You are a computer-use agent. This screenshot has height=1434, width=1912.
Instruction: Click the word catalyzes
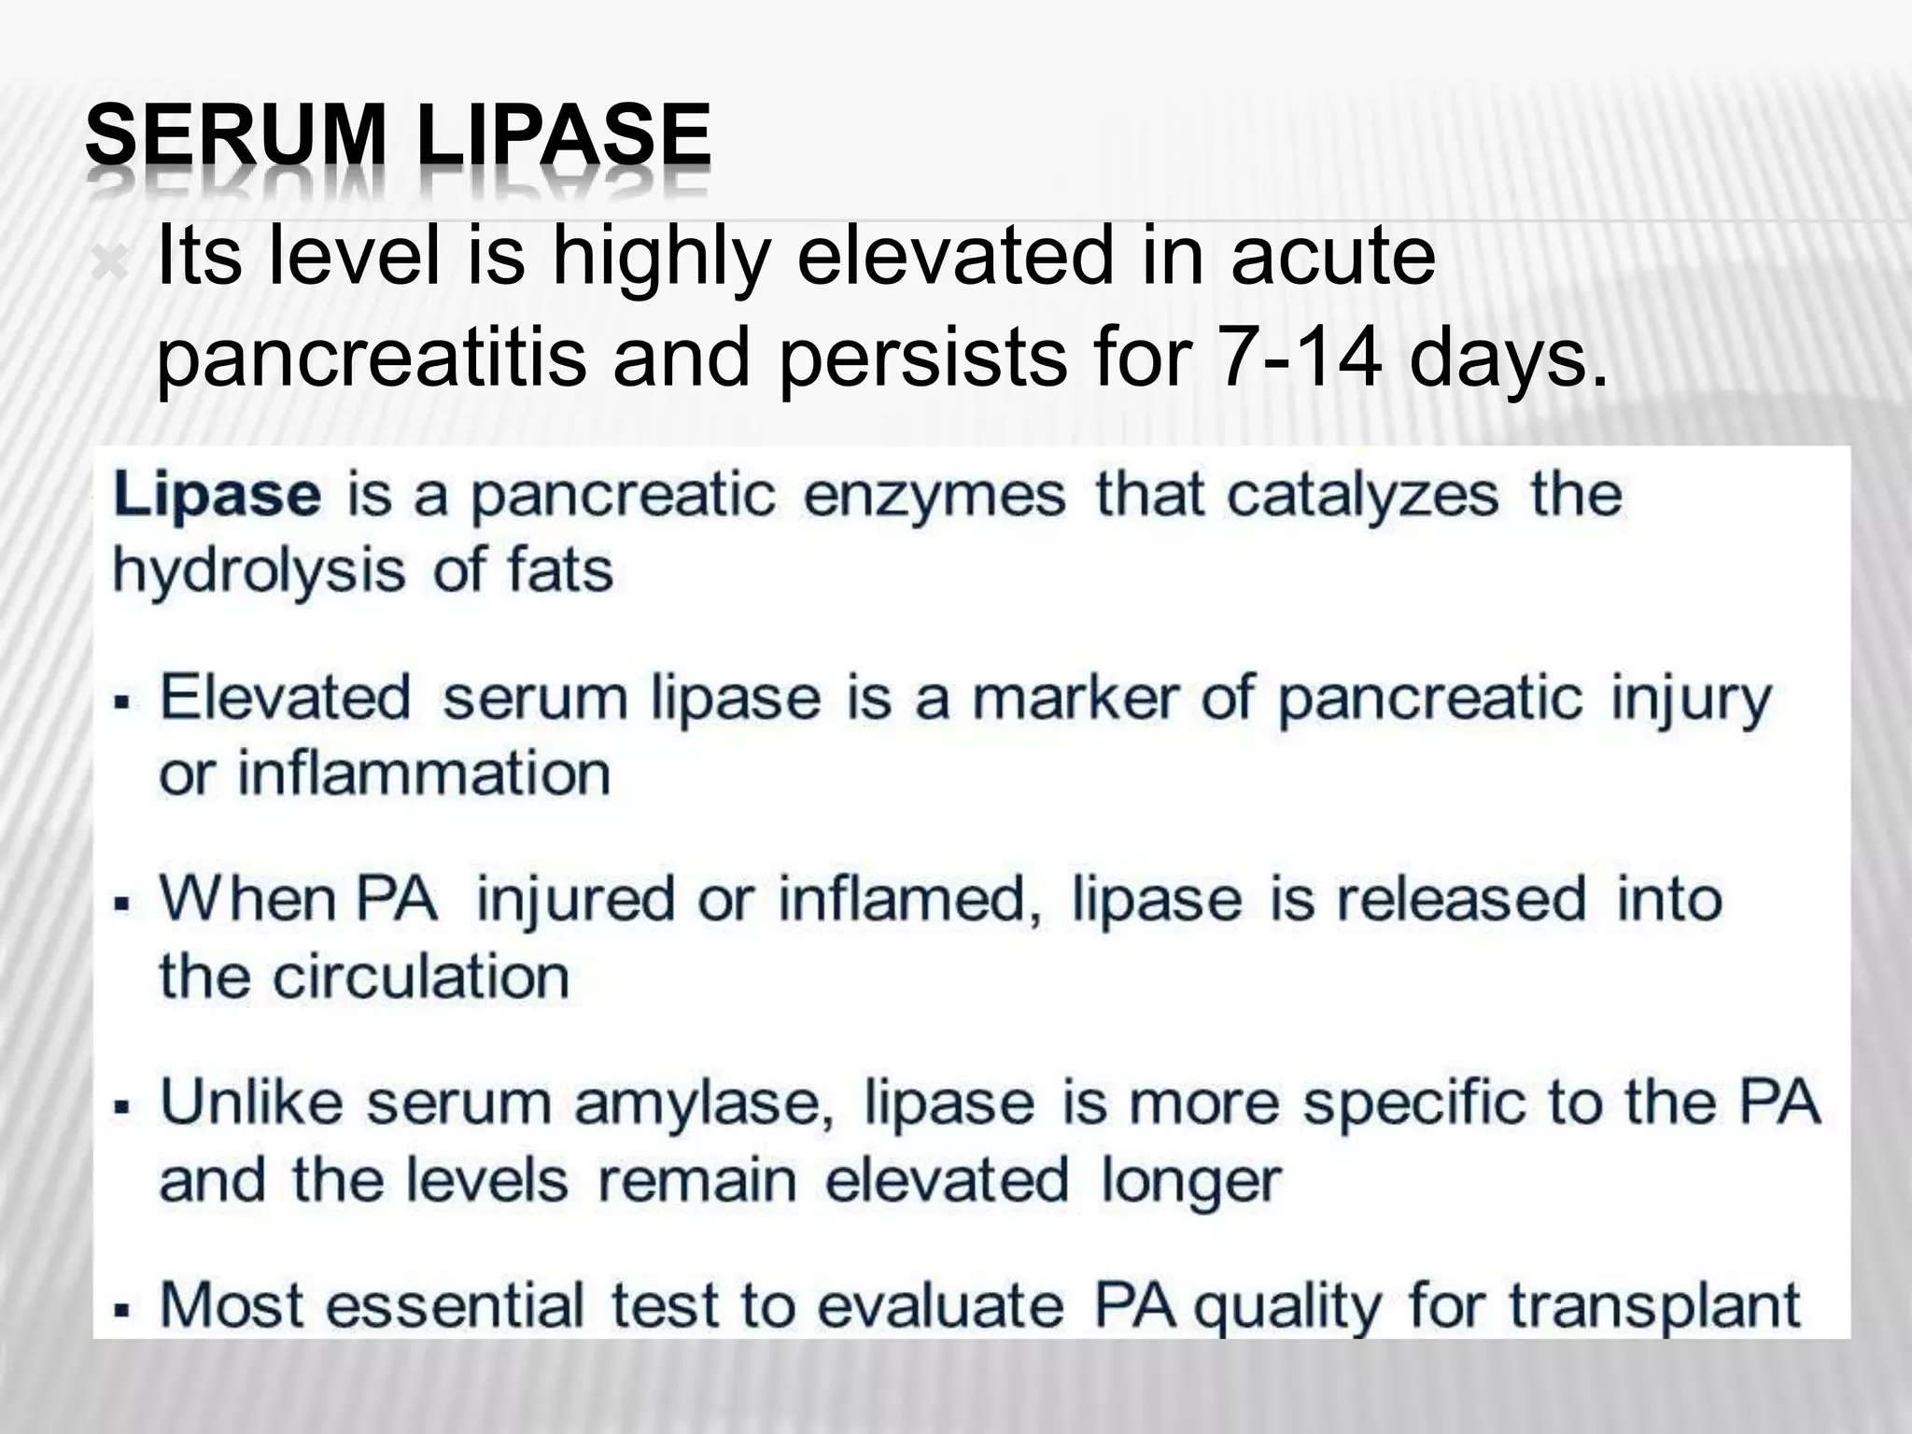point(1362,494)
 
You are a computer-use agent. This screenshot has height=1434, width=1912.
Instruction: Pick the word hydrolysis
point(259,571)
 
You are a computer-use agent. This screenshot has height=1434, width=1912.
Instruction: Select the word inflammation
point(424,774)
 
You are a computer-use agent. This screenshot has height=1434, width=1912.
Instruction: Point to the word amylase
point(703,1103)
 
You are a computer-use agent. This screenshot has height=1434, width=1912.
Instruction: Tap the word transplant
point(1653,1305)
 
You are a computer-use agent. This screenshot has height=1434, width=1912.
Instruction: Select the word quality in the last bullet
point(1287,1307)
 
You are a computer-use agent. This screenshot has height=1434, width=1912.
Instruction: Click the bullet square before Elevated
point(119,701)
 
